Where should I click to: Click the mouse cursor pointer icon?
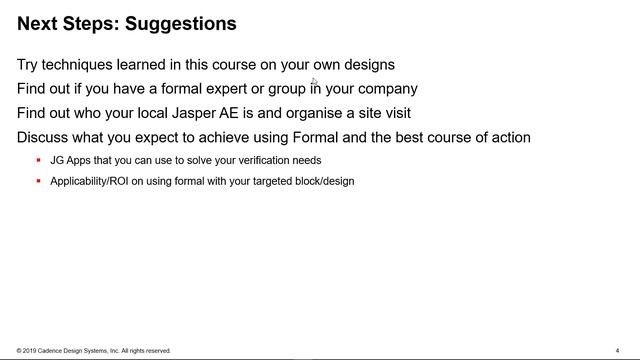pos(314,82)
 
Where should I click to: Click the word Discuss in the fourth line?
pos(44,137)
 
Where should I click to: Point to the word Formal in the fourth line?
pos(312,137)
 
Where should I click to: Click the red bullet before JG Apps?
pos(38,160)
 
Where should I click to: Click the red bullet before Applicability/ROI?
pos(38,181)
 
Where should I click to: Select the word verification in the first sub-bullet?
pos(263,160)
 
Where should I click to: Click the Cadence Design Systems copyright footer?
pos(94,351)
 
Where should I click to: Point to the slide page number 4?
pos(618,351)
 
